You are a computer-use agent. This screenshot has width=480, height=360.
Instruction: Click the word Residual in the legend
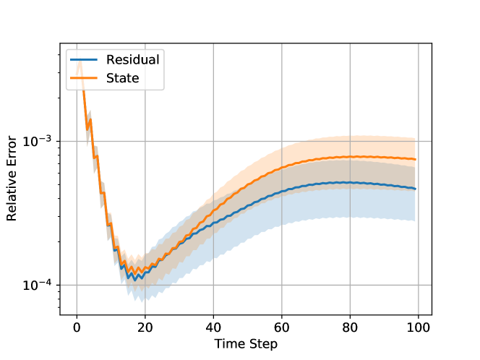click(132, 59)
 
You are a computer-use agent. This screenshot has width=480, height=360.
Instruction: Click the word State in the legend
click(122, 78)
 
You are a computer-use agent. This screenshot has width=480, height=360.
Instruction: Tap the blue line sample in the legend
click(84, 59)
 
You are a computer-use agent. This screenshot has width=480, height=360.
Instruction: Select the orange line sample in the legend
click(84, 78)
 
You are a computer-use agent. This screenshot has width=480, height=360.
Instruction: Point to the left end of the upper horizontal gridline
click(61, 141)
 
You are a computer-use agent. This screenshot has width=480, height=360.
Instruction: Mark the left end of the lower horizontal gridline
click(61, 285)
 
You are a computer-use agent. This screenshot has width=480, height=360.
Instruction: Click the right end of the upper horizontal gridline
click(432, 141)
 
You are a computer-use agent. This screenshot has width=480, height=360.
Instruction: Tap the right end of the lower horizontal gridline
click(432, 285)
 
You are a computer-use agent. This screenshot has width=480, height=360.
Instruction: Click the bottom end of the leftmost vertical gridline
click(77, 315)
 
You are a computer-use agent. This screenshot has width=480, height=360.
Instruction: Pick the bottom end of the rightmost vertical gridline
click(419, 315)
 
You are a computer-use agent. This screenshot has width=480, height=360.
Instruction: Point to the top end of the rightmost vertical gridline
click(419, 44)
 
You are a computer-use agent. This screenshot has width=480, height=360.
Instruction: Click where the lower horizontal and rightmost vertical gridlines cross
click(419, 285)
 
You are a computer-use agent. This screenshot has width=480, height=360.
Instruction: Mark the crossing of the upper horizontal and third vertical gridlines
click(213, 141)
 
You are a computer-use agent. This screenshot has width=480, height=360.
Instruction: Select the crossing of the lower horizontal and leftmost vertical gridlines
click(77, 285)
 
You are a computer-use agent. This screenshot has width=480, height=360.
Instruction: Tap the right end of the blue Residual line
click(416, 189)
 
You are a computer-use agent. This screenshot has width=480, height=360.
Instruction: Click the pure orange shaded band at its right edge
click(415, 152)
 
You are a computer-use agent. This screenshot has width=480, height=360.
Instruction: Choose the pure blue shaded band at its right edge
click(415, 206)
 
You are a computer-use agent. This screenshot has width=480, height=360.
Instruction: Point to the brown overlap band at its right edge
click(415, 178)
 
